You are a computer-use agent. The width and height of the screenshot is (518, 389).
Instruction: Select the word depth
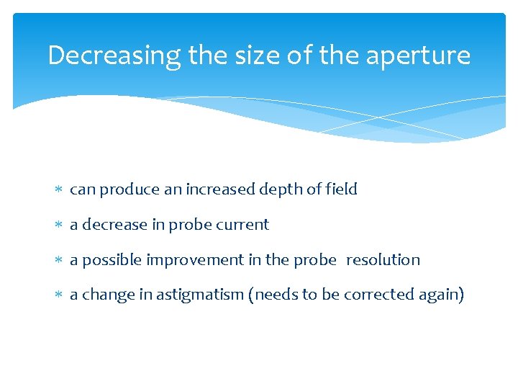coord(278,190)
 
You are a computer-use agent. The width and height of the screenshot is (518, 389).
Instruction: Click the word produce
coord(124,190)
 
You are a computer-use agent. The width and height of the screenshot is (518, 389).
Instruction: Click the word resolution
coord(383,260)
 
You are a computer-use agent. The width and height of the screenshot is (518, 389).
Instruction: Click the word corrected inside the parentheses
coord(376,295)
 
